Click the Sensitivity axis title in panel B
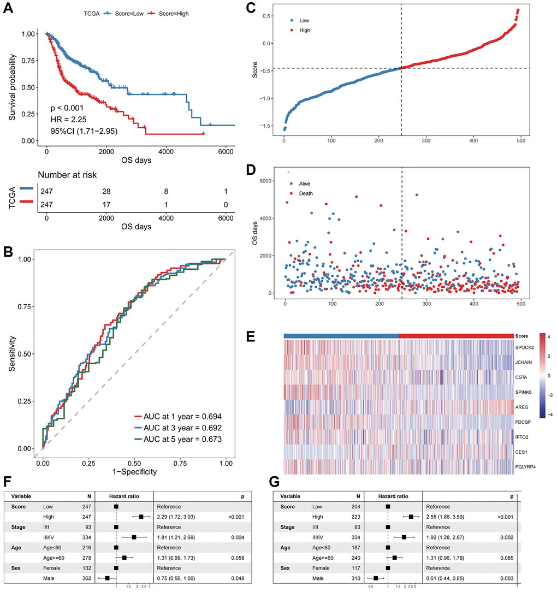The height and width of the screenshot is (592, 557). pyautogui.click(x=13, y=354)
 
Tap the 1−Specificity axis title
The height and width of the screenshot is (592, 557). pyautogui.click(x=134, y=471)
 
